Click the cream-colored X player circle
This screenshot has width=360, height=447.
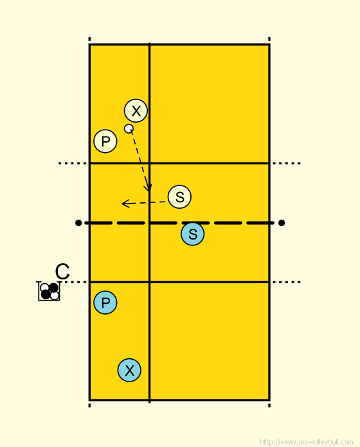pyautogui.click(x=136, y=110)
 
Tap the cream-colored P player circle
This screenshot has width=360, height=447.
pyautogui.click(x=105, y=141)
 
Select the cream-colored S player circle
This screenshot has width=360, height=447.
pyautogui.click(x=179, y=197)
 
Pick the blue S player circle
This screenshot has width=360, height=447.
pyautogui.click(x=193, y=234)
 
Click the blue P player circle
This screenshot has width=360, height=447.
pyautogui.click(x=105, y=302)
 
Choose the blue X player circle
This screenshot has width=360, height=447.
pyautogui.click(x=129, y=370)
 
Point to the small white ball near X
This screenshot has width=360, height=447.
pyautogui.click(x=129, y=128)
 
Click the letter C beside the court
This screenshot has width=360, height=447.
pyautogui.click(x=62, y=272)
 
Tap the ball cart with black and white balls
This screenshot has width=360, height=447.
pyautogui.click(x=49, y=291)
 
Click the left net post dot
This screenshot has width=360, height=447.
pyautogui.click(x=78, y=223)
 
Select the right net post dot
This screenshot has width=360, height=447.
pyautogui.click(x=282, y=223)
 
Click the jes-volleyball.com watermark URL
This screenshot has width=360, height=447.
pyautogui.click(x=307, y=442)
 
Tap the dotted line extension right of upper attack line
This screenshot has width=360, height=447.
pyautogui.click(x=287, y=163)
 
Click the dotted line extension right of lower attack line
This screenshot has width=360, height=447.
pyautogui.click(x=287, y=282)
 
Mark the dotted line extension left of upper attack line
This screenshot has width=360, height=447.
pyautogui.click(x=73, y=163)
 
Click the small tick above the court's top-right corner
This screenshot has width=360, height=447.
pyautogui.click(x=269, y=39)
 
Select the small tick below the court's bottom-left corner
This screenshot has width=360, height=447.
pyautogui.click(x=89, y=405)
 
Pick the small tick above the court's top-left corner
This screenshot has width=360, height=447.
pyautogui.click(x=89, y=39)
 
